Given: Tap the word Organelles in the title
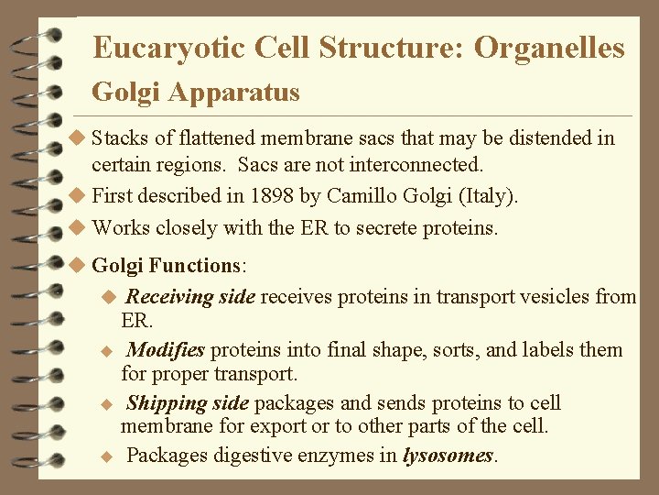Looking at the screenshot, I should tap(549, 48).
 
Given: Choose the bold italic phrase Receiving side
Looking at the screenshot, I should tap(190, 297).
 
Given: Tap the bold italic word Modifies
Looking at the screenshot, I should tap(165, 350).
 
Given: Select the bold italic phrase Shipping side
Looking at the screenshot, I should tap(188, 403).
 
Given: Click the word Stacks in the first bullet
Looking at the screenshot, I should tap(119, 139).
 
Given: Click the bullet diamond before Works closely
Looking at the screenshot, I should tap(79, 227).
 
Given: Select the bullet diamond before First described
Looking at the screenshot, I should tap(79, 196).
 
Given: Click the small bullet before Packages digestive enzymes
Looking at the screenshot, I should tap(106, 456).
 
